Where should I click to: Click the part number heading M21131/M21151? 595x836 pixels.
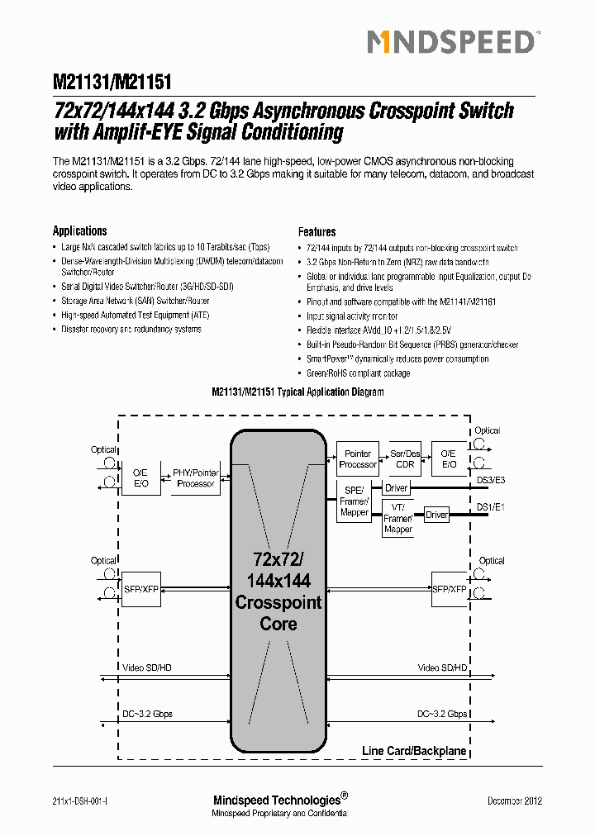(x=112, y=83)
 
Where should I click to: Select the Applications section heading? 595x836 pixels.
(x=80, y=231)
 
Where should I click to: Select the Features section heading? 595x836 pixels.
(x=317, y=232)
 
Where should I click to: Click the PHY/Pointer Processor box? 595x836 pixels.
(x=196, y=478)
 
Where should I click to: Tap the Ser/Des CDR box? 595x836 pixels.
(x=405, y=459)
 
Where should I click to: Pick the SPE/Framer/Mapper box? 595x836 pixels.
(x=355, y=501)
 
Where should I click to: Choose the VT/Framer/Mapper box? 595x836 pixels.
(x=397, y=518)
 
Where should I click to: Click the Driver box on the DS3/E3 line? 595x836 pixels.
(x=397, y=488)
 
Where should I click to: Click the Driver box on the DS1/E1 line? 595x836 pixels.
(x=436, y=515)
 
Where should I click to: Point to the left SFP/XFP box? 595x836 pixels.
(x=141, y=589)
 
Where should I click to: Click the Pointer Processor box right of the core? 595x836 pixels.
(x=358, y=459)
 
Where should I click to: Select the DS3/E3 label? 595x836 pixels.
(x=491, y=480)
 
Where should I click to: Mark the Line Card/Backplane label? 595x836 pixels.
(x=414, y=751)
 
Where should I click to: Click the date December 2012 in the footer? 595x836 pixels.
(x=515, y=800)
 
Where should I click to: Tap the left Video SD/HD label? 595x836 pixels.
(x=147, y=667)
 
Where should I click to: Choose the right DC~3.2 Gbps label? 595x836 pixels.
(x=442, y=714)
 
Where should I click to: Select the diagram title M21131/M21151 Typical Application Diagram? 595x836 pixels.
(x=297, y=392)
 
